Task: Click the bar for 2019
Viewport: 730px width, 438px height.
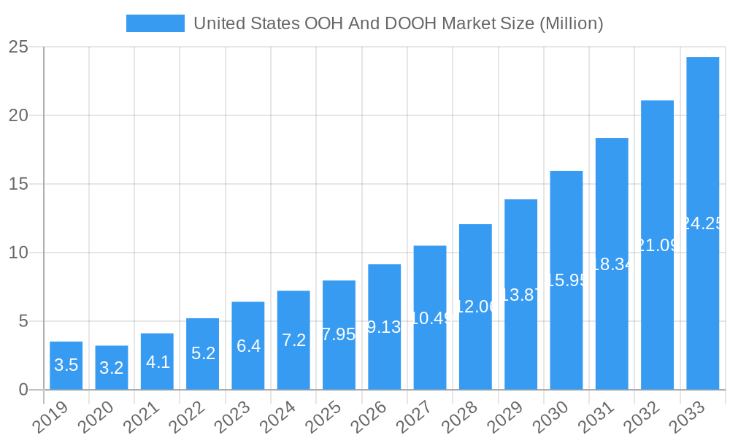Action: coord(66,366)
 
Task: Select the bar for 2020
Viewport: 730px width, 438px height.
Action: coord(112,368)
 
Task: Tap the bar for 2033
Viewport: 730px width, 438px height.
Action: coord(702,223)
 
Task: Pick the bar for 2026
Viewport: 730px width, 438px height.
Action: coord(384,327)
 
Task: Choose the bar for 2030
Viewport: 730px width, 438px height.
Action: coord(566,280)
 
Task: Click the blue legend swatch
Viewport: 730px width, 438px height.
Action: coord(155,23)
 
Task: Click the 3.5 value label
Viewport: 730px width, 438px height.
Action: coord(66,365)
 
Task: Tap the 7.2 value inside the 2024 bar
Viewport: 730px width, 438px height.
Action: coord(293,340)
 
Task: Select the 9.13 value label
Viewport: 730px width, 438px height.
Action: coord(384,327)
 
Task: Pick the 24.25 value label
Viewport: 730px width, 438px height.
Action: coord(702,223)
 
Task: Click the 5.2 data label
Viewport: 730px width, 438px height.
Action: coord(202,353)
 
